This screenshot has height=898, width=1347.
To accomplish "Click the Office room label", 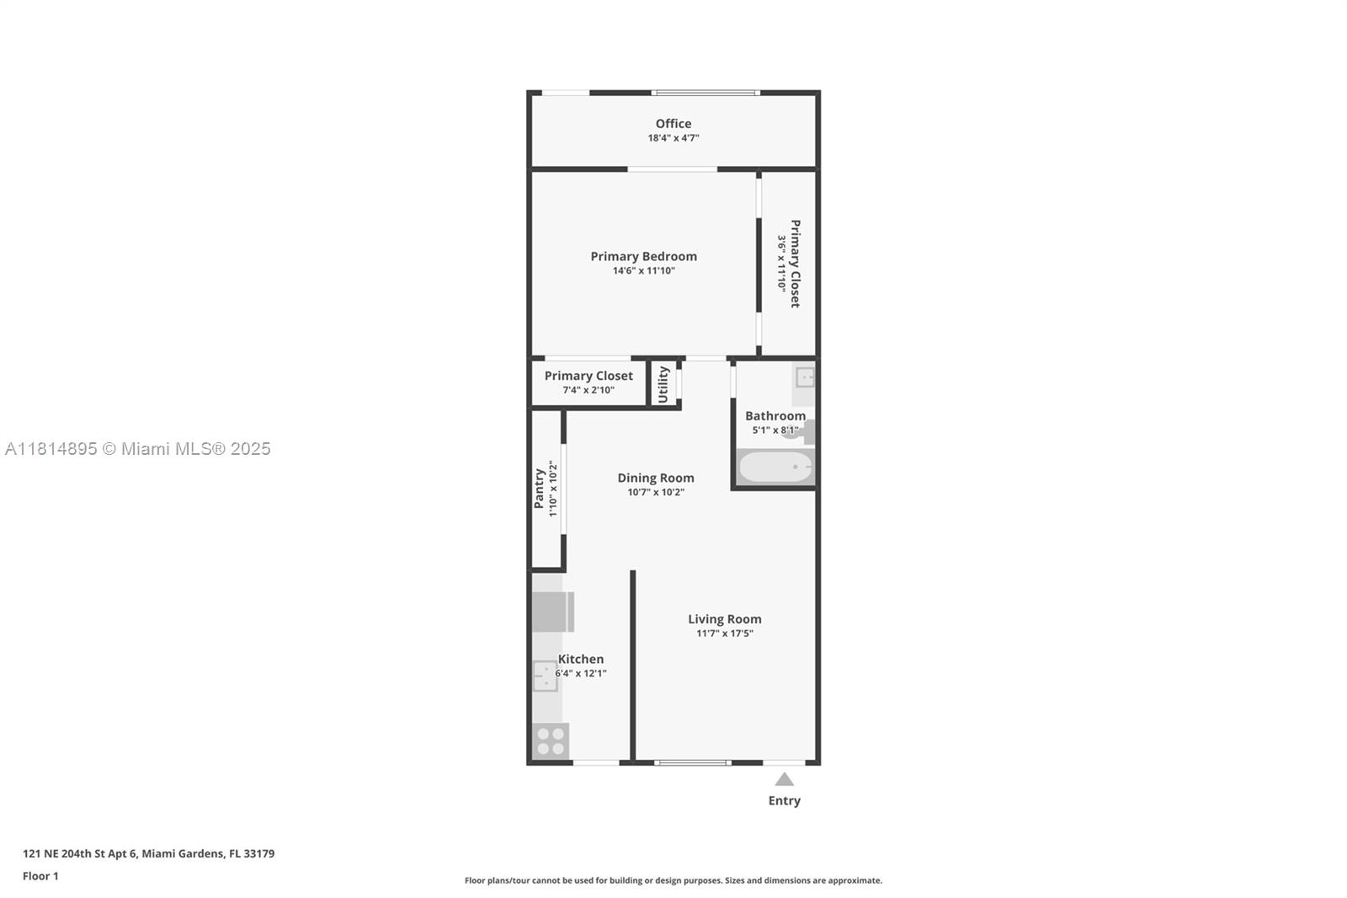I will pyautogui.click(x=673, y=124).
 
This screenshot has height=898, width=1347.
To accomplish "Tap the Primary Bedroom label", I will pyautogui.click(x=643, y=256).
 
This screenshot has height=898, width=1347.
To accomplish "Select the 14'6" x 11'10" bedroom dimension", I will pyautogui.click(x=643, y=271).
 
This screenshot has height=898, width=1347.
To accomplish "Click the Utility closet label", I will pyautogui.click(x=663, y=384).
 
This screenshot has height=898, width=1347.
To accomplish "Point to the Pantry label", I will pyautogui.click(x=539, y=489).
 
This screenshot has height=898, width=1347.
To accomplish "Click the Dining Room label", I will pyautogui.click(x=656, y=478).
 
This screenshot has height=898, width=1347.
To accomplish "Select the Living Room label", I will pyautogui.click(x=724, y=619).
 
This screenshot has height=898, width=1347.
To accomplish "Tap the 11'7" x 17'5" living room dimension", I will pyautogui.click(x=724, y=633).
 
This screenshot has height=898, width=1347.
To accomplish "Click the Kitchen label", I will pyautogui.click(x=581, y=660).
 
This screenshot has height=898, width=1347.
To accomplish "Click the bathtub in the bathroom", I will pyautogui.click(x=775, y=467).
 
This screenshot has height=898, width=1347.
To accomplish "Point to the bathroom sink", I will pyautogui.click(x=805, y=377).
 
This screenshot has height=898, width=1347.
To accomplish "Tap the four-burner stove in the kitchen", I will pyautogui.click(x=551, y=741).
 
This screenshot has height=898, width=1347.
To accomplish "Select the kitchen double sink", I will pyautogui.click(x=545, y=676).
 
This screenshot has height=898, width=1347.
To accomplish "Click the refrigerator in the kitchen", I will pyautogui.click(x=552, y=612).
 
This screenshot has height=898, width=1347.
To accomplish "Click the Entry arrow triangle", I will pyautogui.click(x=784, y=779).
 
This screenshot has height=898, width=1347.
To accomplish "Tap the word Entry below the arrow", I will pyautogui.click(x=784, y=801).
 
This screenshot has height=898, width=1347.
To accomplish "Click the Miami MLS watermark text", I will pyautogui.click(x=138, y=449).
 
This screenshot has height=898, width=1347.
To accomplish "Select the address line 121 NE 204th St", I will pyautogui.click(x=148, y=853).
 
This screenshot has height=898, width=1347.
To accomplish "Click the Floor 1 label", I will pyautogui.click(x=40, y=876).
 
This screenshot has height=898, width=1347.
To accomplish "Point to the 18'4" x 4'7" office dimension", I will pyautogui.click(x=673, y=138).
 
